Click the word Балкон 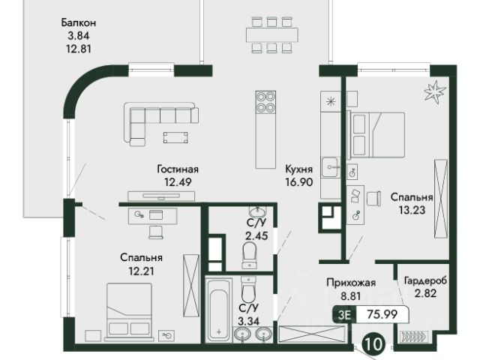coord(79,22)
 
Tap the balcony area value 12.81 coord(79,49)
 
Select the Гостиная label coord(178,169)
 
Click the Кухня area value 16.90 coord(299,182)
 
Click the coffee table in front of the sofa coord(175,138)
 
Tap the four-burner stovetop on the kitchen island coord(265,102)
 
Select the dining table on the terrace coord(272,35)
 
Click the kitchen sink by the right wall coord(330,166)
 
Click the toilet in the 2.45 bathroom coord(250,255)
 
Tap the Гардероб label coord(425,280)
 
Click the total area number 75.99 coord(382,314)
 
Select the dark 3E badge coord(345,314)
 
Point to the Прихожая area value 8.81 coord(351,296)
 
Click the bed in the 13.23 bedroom coord(376,135)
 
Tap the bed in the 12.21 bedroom coord(129,312)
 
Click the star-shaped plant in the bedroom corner coord(434,91)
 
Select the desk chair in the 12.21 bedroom coord(155,232)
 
